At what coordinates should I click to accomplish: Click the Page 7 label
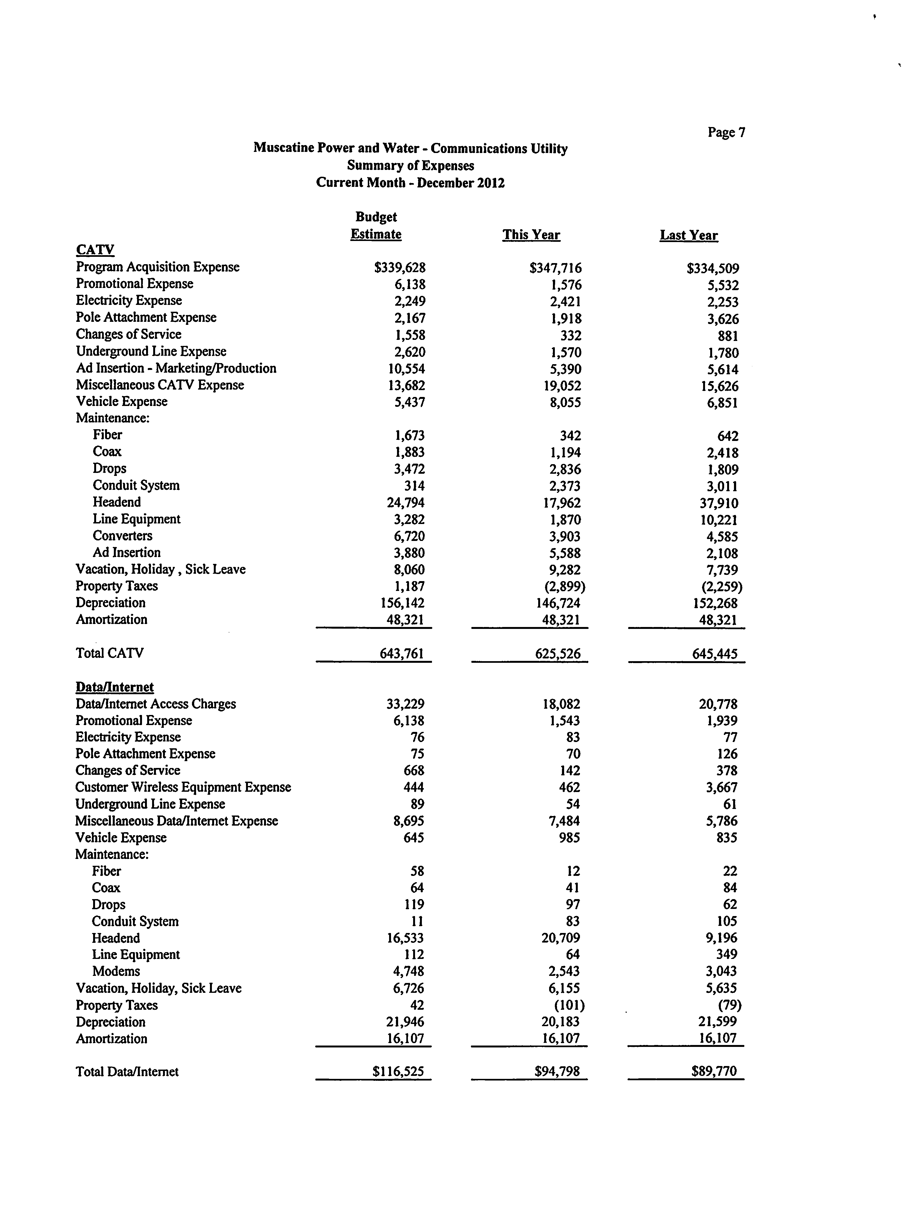[726, 132]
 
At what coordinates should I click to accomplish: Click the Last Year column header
[689, 235]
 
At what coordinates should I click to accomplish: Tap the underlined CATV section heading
[95, 250]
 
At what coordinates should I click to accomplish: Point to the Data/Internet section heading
[115, 687]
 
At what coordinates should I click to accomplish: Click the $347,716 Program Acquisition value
[555, 268]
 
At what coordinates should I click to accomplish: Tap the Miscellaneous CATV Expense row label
[159, 385]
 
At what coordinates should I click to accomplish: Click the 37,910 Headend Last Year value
[719, 503]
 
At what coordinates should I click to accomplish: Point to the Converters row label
[122, 536]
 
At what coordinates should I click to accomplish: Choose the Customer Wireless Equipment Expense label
[183, 787]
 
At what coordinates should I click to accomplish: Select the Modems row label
[116, 972]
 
